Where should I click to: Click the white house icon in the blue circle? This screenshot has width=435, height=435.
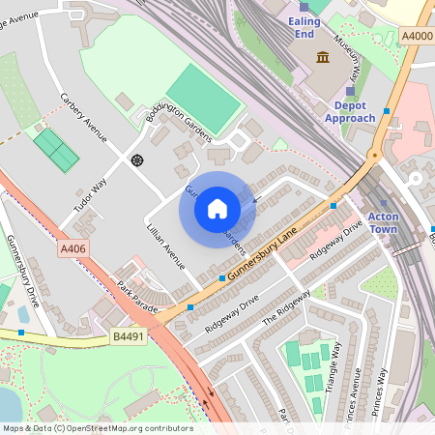[217, 209]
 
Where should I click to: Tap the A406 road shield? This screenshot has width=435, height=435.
[73, 249]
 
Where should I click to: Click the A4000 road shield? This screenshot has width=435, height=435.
[416, 37]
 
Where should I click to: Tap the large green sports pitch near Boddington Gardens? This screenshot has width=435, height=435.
[203, 98]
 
